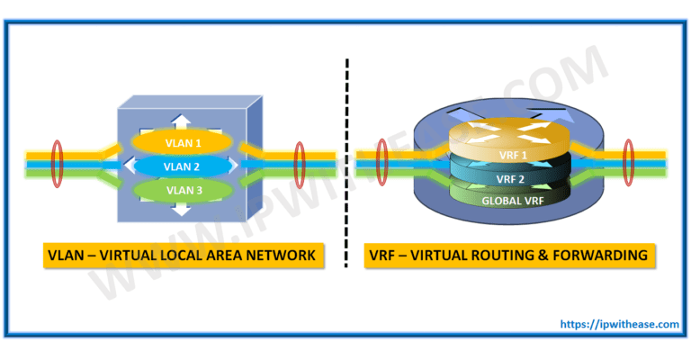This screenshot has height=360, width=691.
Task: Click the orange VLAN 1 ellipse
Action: point(184,142)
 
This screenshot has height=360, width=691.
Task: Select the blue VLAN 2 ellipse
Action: point(184,166)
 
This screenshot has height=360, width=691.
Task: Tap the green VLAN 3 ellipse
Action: point(184,191)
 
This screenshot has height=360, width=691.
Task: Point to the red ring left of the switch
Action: point(58,166)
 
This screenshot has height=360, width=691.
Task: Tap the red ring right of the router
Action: point(629,166)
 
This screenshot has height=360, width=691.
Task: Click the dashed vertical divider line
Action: point(346,162)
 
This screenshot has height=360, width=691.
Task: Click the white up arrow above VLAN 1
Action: point(183,121)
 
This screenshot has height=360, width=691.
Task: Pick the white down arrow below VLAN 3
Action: point(183,212)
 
